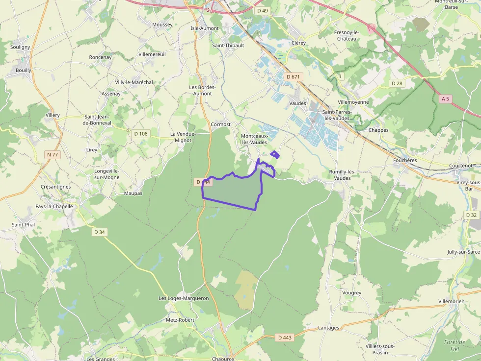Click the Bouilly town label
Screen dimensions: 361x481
click(x=23, y=70)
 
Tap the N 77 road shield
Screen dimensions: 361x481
click(x=53, y=155)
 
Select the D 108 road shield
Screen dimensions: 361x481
click(x=140, y=133)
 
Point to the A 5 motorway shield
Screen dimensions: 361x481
click(x=445, y=98)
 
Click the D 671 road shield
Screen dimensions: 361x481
click(x=294, y=77)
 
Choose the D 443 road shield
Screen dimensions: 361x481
click(x=284, y=337)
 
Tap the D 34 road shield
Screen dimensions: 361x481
click(x=99, y=232)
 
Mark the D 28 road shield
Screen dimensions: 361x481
click(x=397, y=83)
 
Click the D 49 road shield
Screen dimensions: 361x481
click(x=263, y=10)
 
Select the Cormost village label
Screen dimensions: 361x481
click(x=220, y=124)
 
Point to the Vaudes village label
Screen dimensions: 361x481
click(x=297, y=103)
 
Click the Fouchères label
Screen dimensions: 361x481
click(x=405, y=160)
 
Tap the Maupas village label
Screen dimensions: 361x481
click(x=133, y=193)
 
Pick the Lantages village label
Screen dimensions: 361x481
click(x=328, y=328)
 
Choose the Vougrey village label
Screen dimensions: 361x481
click(x=351, y=293)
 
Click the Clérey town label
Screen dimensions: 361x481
click(x=298, y=43)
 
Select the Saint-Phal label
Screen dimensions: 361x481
click(x=23, y=225)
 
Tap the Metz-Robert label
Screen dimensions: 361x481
click(x=180, y=320)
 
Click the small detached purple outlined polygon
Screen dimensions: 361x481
click(x=275, y=155)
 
